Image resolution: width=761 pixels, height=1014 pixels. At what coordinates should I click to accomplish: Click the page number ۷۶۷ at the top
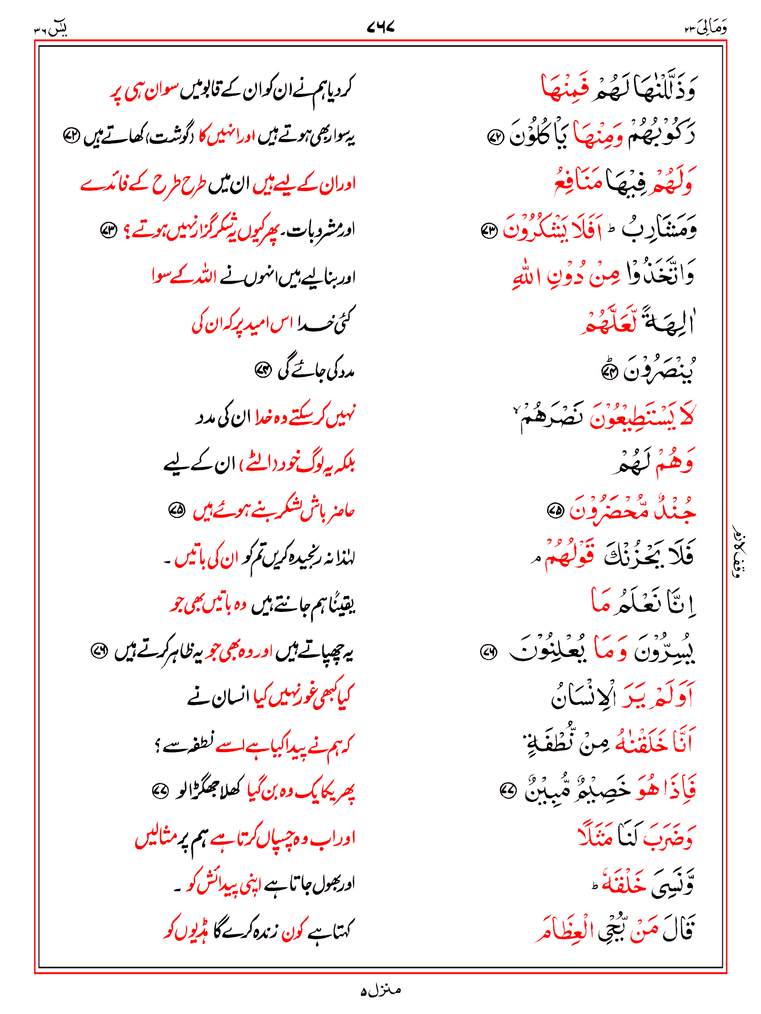[x=380, y=27]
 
